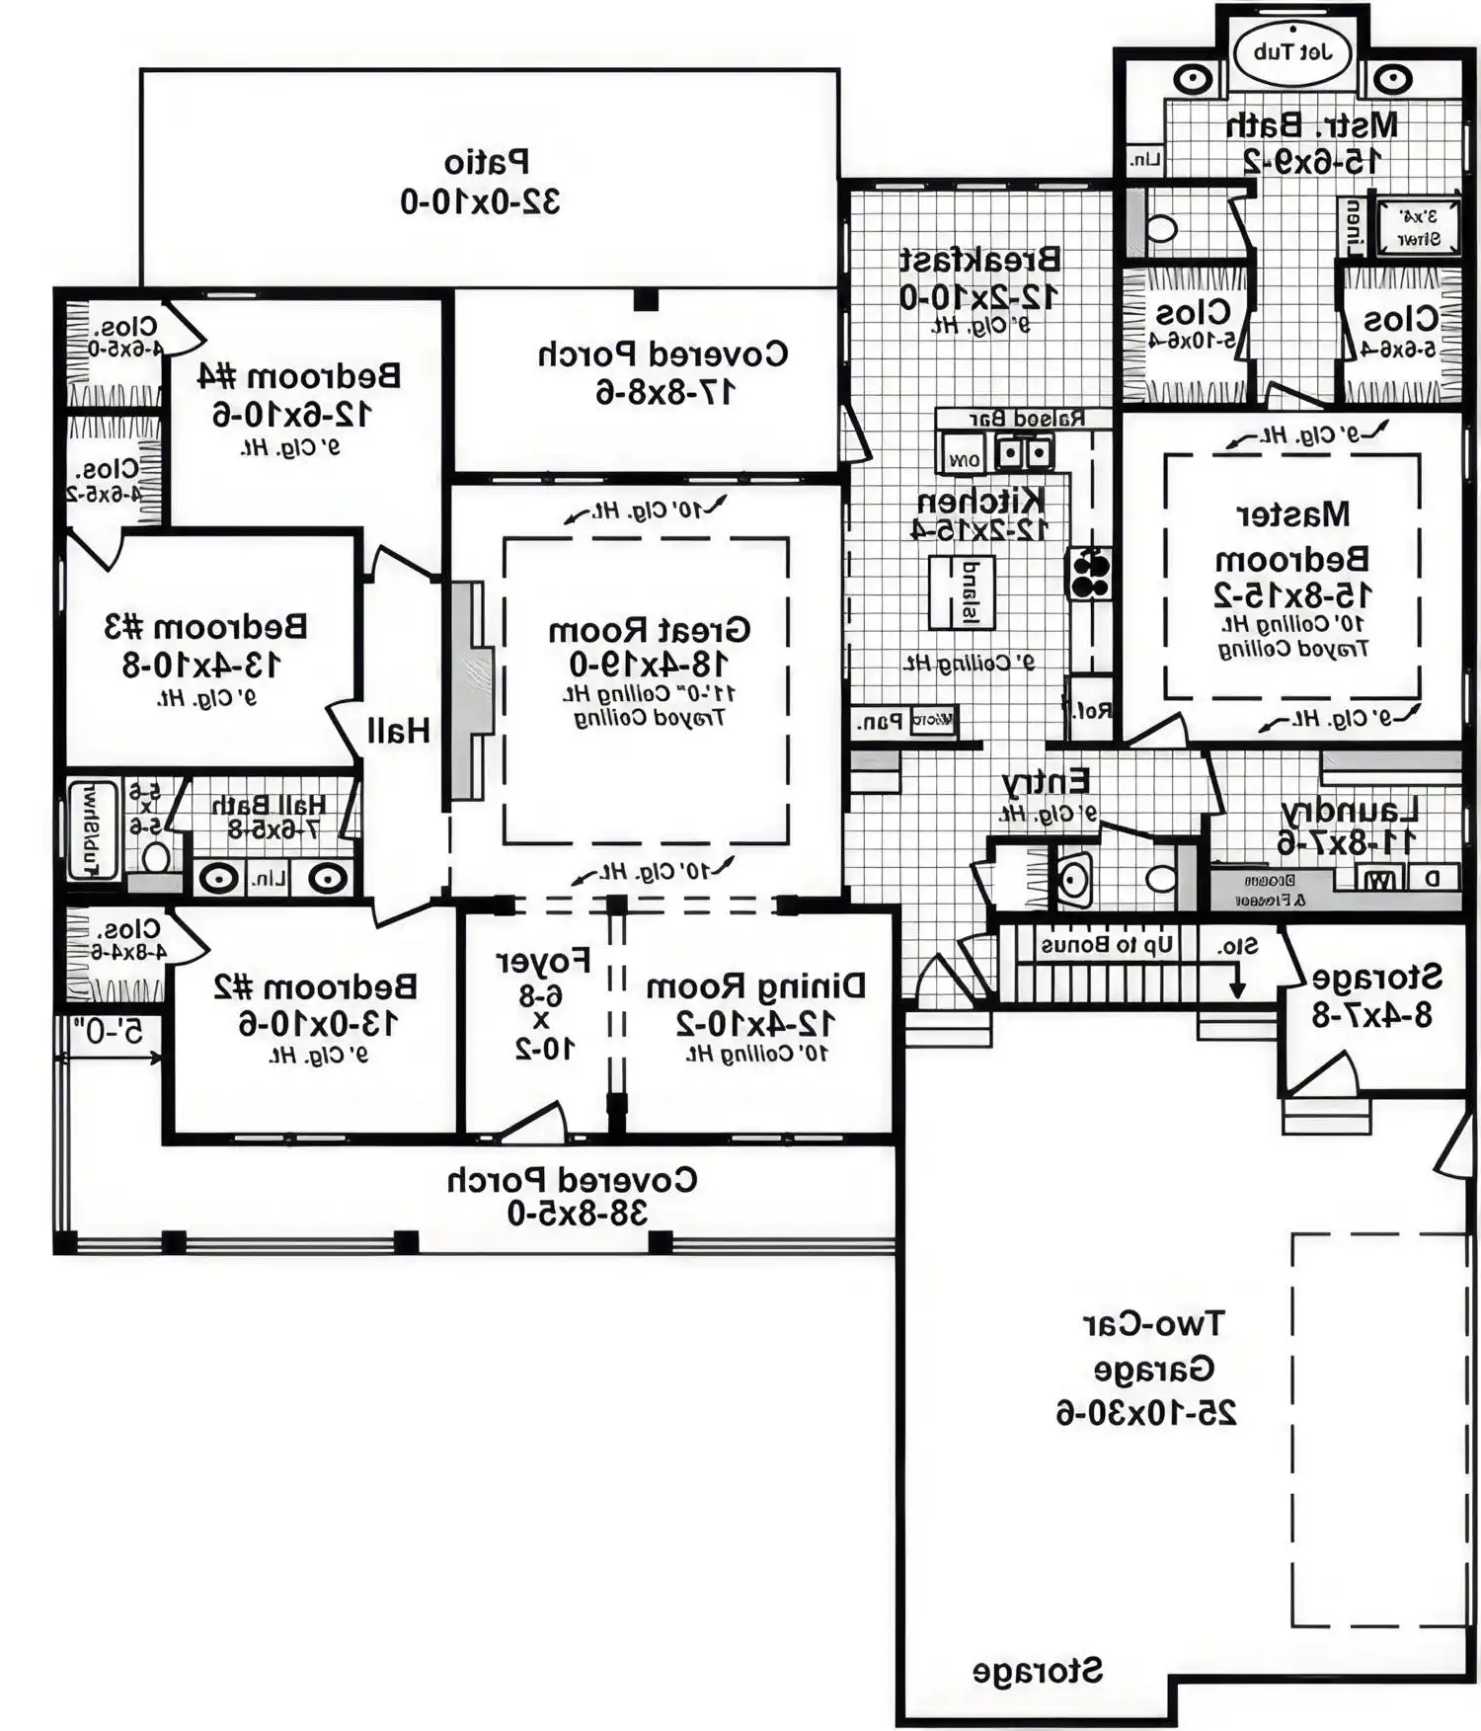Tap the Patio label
tap(486, 162)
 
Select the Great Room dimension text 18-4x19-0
tap(649, 664)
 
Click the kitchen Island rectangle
tap(961, 591)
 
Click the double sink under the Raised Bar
tap(1023, 453)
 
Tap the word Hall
tap(398, 732)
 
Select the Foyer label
tap(543, 961)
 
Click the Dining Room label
tap(754, 986)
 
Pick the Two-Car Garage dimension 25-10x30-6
tap(1146, 1413)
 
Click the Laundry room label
tap(1349, 811)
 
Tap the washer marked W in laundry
tap(1382, 878)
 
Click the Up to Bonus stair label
tap(1107, 945)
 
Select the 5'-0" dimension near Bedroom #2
tap(108, 1033)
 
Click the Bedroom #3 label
tap(205, 627)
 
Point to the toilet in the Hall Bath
tap(156, 855)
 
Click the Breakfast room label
tap(978, 260)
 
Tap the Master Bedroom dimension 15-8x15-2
tap(1291, 595)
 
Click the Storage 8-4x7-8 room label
tap(1375, 978)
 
